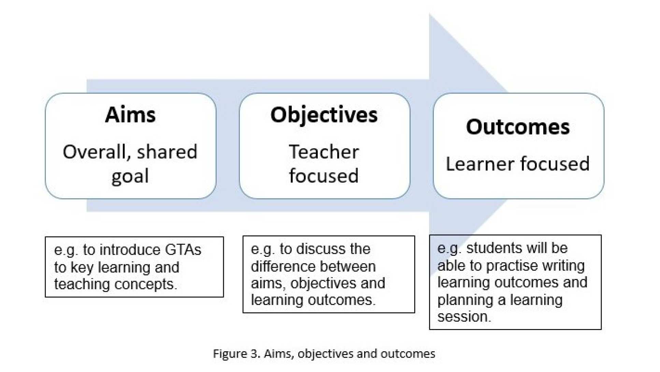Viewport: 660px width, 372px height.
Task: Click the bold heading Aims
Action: [x=130, y=115]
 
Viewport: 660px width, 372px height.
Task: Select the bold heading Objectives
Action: [x=324, y=115]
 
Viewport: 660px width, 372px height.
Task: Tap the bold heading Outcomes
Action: [x=518, y=127]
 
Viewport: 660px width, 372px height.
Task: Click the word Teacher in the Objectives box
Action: [x=324, y=152]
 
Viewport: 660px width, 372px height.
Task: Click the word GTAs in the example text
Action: [x=183, y=250]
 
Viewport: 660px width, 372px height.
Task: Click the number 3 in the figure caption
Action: [x=254, y=354]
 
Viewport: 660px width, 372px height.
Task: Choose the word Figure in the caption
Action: [x=229, y=354]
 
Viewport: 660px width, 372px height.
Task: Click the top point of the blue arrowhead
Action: [x=430, y=14]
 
